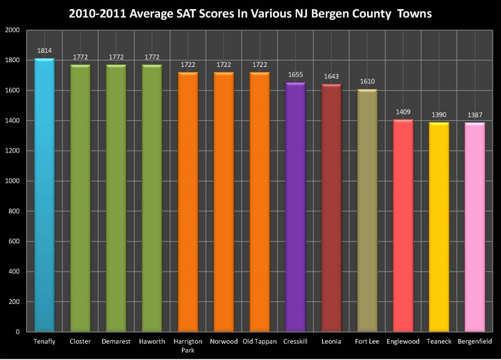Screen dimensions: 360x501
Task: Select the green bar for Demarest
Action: [x=116, y=198]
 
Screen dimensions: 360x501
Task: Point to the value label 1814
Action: [x=44, y=50]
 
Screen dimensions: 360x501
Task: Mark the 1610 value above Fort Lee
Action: [x=367, y=81]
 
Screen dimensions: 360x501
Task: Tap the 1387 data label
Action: [x=474, y=115]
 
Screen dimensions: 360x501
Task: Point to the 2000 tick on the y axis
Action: [x=12, y=30]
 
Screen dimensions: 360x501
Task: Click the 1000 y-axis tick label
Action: [x=12, y=181]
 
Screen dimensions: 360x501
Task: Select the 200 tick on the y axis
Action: [x=14, y=302]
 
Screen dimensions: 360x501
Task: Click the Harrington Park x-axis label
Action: [x=187, y=346]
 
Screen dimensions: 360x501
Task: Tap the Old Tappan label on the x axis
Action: [x=259, y=342]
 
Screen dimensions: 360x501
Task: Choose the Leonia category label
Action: [x=331, y=342]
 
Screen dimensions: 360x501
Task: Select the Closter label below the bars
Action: [x=80, y=342]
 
